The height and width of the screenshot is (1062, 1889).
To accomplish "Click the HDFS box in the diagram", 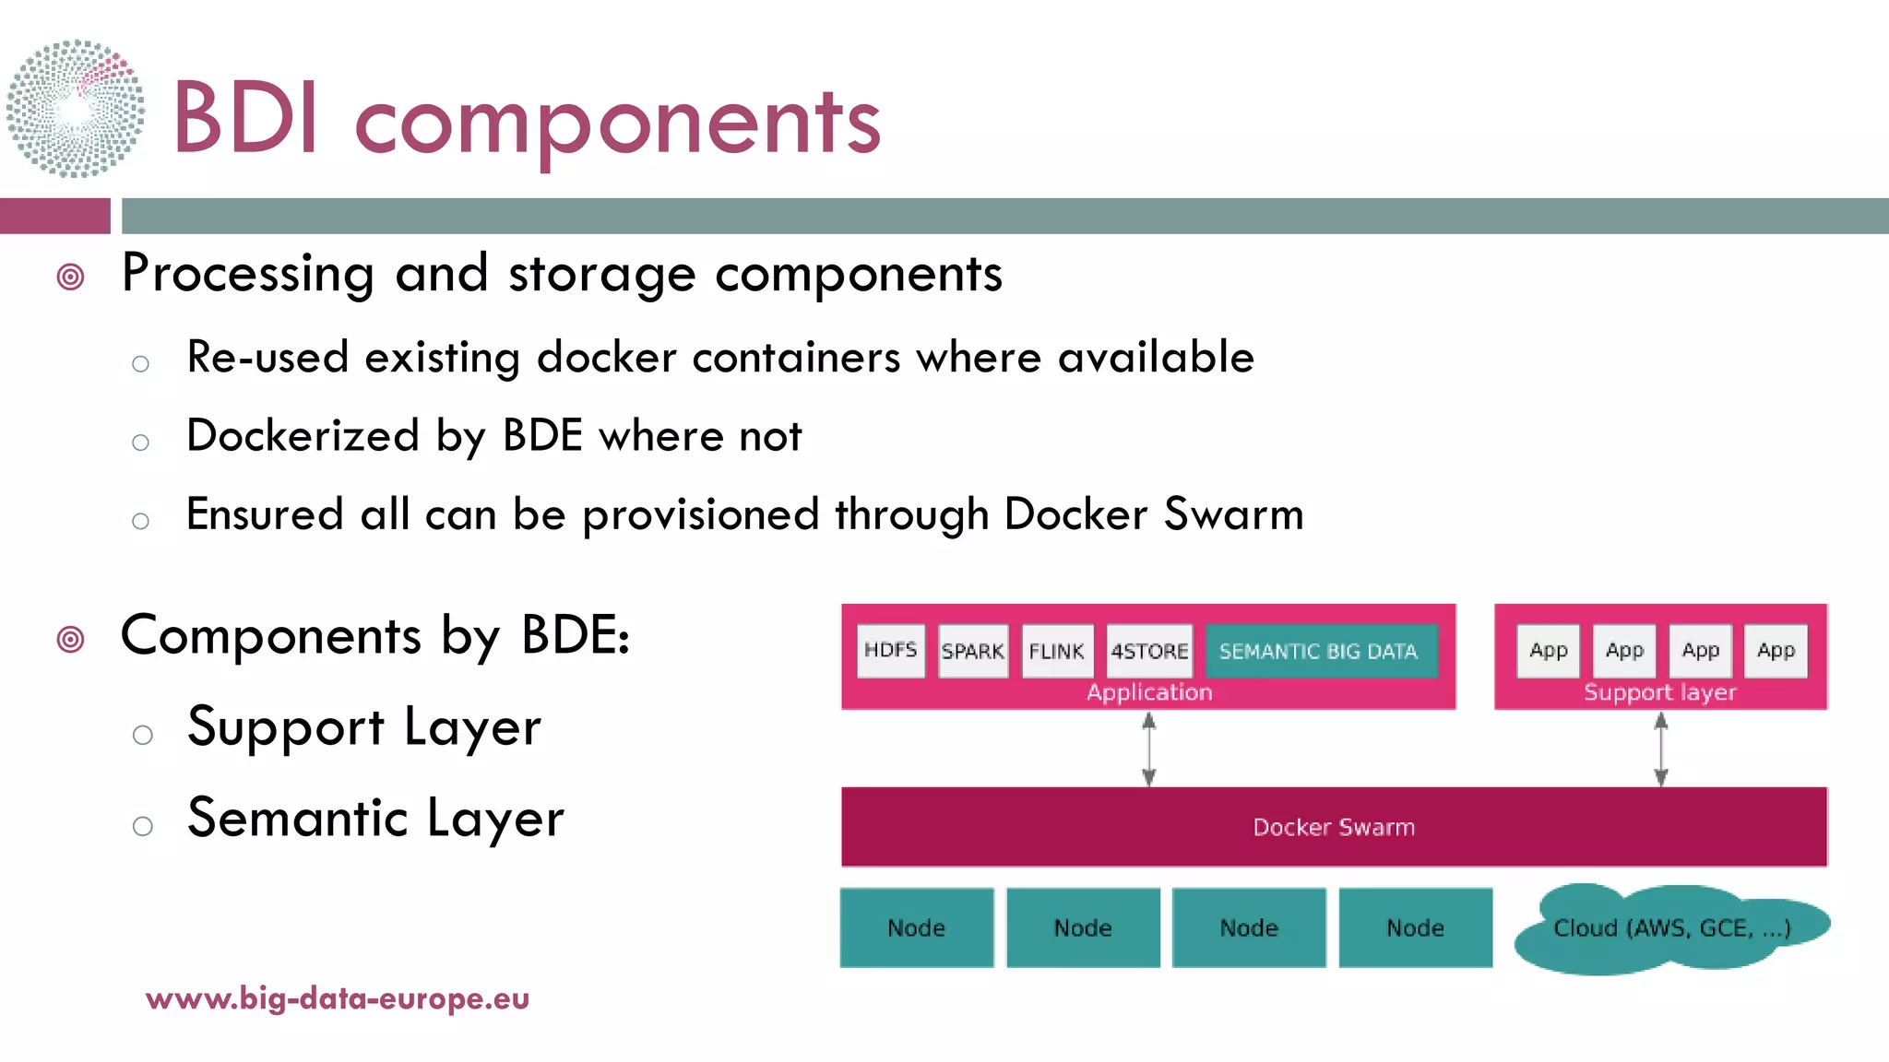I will (890, 651).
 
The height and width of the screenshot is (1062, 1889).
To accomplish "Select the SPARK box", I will (972, 651).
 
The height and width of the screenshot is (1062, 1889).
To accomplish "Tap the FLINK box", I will (1057, 651).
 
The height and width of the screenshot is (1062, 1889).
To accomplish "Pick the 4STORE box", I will (1149, 651).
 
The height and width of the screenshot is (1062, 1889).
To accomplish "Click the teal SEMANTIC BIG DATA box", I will (1319, 651).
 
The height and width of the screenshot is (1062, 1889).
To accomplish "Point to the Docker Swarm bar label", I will (1334, 827).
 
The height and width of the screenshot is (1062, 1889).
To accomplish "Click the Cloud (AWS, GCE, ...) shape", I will (1671, 928).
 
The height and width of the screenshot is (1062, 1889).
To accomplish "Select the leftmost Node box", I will (916, 927).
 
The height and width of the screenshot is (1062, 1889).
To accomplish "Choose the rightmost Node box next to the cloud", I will (1415, 927).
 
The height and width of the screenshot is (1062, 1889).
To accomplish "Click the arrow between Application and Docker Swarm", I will (1148, 749).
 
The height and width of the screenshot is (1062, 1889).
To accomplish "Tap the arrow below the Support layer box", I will (1660, 749).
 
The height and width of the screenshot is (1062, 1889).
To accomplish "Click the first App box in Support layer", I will (1549, 651).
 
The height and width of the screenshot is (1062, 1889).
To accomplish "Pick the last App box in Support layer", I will (1776, 651).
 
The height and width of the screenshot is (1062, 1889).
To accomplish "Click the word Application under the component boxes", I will (1149, 692).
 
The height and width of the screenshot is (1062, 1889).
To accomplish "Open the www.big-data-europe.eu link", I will (338, 998).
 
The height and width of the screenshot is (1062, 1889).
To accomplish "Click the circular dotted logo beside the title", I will (76, 109).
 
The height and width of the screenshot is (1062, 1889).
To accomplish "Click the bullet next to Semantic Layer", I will (142, 825).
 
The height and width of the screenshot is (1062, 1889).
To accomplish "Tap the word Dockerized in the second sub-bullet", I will (303, 436).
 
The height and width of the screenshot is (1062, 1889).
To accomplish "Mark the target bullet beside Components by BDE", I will (71, 639).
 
